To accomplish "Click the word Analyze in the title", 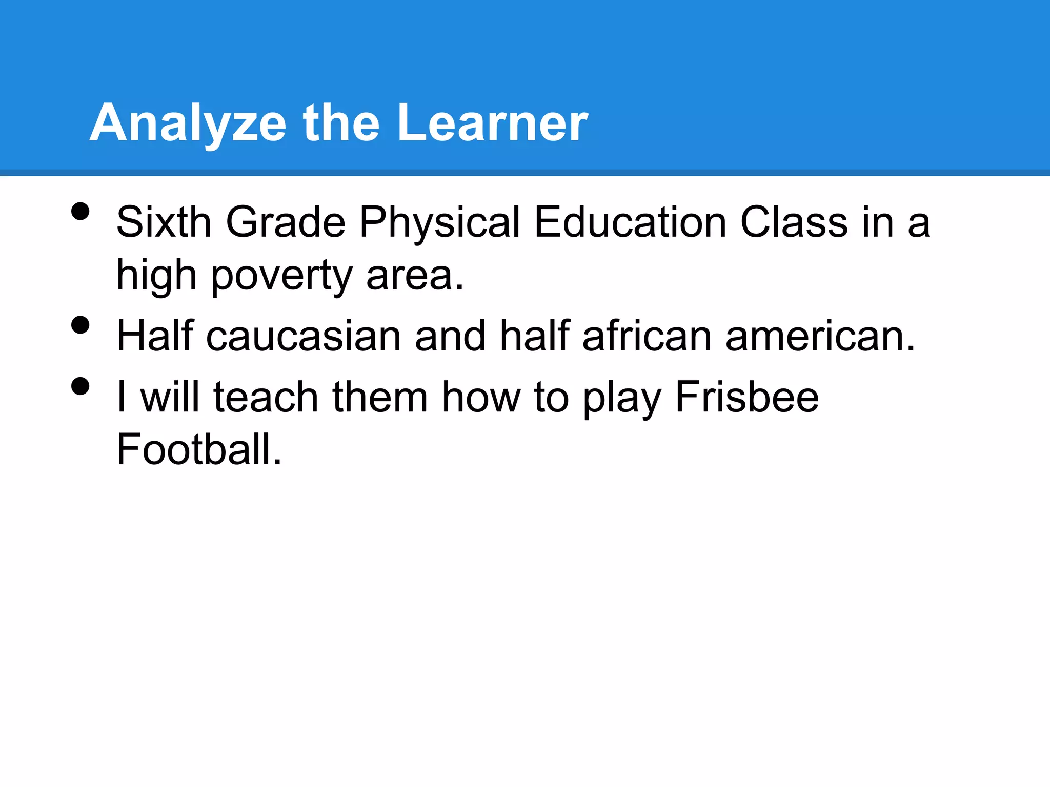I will tap(188, 123).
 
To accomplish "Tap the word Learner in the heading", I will tap(492, 123).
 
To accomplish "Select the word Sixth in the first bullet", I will tap(164, 222).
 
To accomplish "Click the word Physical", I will tap(440, 222).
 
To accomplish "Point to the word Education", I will tap(630, 222).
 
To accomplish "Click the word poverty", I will tap(281, 276).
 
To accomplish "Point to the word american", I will tap(820, 336).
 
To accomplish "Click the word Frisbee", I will tap(747, 397).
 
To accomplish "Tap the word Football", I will tap(199, 449).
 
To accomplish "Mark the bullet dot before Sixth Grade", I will tap(80, 211).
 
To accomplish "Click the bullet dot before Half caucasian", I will tap(80, 325).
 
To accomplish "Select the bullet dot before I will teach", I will tap(80, 386).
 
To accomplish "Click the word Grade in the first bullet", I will tap(286, 222).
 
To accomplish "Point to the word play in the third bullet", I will tap(622, 397).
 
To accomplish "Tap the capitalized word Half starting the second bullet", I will tap(155, 336).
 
